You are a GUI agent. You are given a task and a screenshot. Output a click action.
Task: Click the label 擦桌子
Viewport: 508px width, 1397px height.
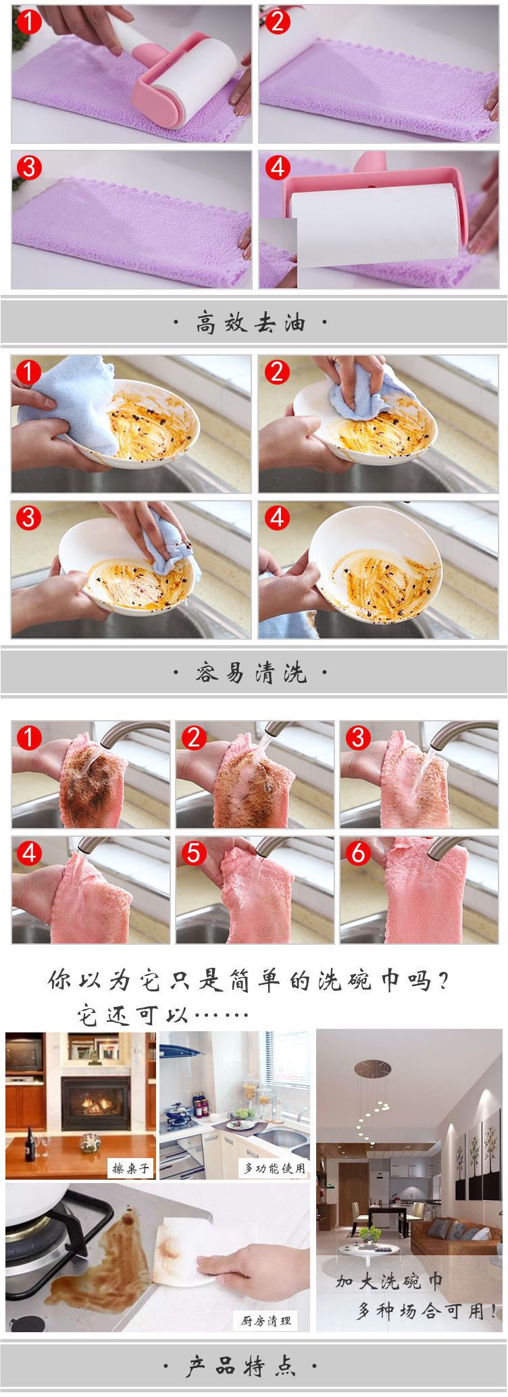[x=131, y=1168]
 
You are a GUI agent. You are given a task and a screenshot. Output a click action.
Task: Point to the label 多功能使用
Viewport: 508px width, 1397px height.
[x=274, y=1168]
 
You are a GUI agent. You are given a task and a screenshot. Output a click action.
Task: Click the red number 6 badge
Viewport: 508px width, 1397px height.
[x=357, y=853]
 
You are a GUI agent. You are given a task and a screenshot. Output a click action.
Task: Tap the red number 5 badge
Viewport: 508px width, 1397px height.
[x=193, y=853]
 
